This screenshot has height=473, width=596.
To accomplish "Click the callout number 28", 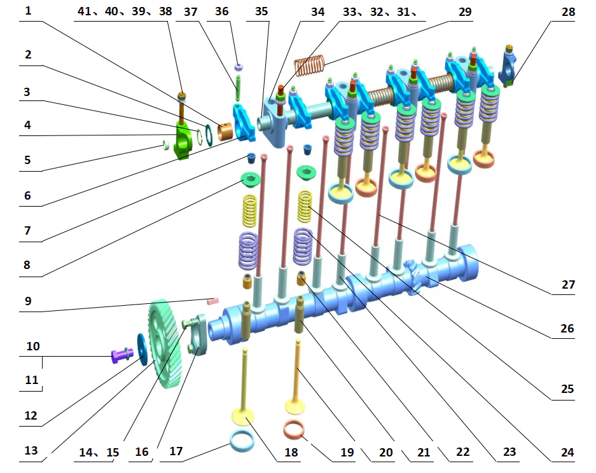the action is pos(568,12).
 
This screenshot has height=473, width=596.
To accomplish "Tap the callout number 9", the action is pos(28,301).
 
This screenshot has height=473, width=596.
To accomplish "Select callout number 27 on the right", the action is pos(568,285).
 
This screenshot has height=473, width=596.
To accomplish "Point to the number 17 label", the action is pos(176,451).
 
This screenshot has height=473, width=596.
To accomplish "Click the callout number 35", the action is pos(261,11).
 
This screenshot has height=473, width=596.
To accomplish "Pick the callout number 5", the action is pos(27,160).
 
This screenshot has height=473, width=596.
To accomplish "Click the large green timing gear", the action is pos(164,343).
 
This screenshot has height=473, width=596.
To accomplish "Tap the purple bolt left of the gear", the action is pos(121,355).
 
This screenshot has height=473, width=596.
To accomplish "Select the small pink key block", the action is pos(212,301).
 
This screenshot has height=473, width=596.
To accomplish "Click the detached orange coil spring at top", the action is pos(309,65).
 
